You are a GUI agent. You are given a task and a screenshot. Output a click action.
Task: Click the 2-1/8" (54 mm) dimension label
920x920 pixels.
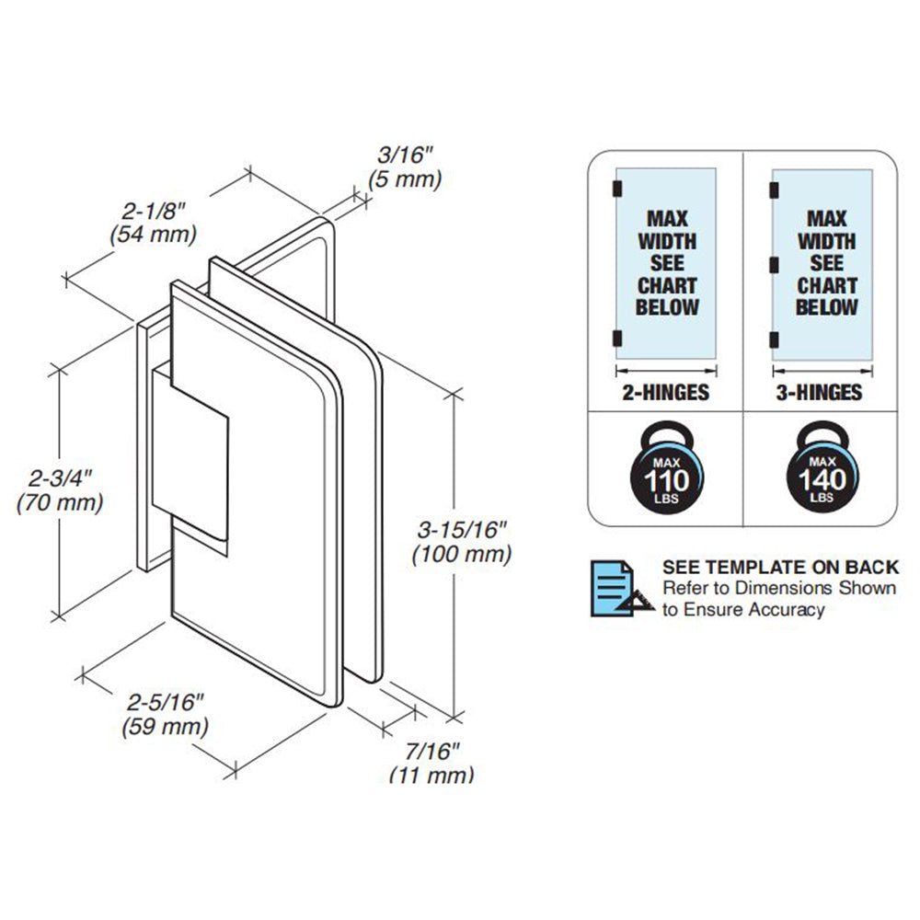pos(154,222)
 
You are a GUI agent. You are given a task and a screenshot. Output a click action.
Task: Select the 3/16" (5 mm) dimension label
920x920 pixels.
pos(404,167)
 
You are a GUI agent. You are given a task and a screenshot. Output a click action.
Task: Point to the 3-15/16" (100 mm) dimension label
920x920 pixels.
pos(462,542)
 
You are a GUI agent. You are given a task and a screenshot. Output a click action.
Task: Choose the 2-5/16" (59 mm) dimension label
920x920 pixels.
pos(167,714)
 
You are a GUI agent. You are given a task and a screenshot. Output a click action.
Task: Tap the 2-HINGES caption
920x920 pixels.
pos(665,393)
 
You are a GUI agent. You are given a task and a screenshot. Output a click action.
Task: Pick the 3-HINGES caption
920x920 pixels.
pos(819,393)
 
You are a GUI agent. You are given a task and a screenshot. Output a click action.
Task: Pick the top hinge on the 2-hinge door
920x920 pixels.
pos(617,190)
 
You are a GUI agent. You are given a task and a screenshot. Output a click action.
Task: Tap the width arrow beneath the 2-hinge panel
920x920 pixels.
pos(665,372)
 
